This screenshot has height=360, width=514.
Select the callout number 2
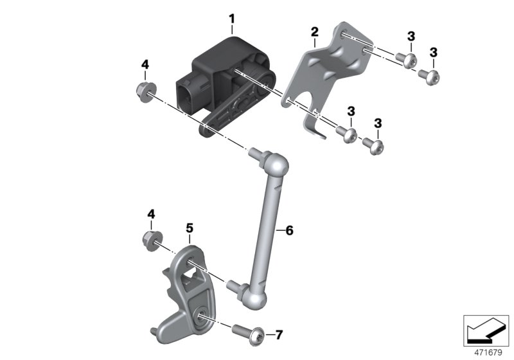pyautogui.click(x=314, y=31)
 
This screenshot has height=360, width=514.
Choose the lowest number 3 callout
pyautogui.click(x=378, y=123)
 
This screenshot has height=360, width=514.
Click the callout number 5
pyautogui.click(x=190, y=228)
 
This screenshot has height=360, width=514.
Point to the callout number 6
pyautogui.click(x=289, y=230)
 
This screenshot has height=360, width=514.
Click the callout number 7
pyautogui.click(x=278, y=334)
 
